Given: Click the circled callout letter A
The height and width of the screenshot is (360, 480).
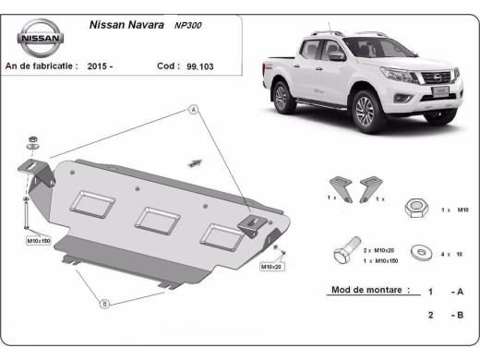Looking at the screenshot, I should pyautogui.click(x=195, y=110).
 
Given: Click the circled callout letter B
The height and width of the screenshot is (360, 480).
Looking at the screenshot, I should pyautogui.click(x=104, y=302).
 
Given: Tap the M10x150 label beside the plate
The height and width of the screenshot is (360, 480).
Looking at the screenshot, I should pyautogui.click(x=38, y=241).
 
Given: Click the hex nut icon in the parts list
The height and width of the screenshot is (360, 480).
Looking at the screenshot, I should pyautogui.click(x=414, y=210).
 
